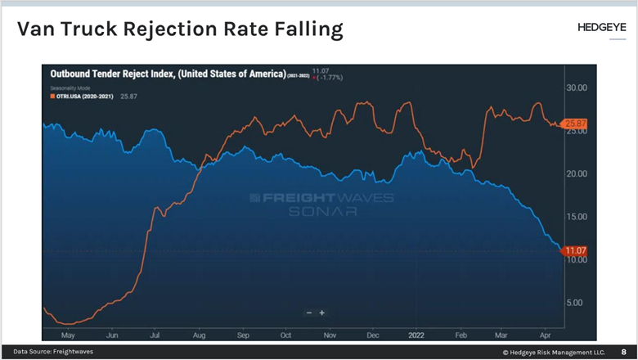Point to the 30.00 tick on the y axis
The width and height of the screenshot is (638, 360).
click(x=577, y=88)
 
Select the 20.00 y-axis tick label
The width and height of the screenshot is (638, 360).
click(x=577, y=173)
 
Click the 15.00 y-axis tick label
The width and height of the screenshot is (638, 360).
click(x=577, y=216)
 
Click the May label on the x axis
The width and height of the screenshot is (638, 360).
click(x=69, y=335)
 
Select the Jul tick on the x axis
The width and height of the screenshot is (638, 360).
click(x=155, y=335)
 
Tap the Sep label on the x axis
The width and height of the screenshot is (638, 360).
click(x=242, y=335)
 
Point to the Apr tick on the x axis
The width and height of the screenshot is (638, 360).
click(x=546, y=335)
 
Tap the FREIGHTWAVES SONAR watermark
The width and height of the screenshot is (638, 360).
click(x=321, y=204)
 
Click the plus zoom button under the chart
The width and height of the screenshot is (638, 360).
click(x=322, y=313)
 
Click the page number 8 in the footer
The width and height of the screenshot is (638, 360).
click(x=623, y=352)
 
